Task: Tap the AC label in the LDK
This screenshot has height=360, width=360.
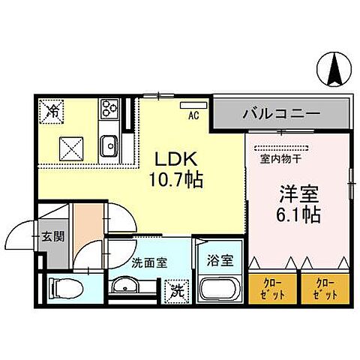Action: click(x=192, y=116)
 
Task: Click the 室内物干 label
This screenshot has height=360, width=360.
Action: click(x=281, y=159)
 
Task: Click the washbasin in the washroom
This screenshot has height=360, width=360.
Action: click(x=126, y=286)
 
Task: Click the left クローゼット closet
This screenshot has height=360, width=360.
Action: click(x=273, y=288)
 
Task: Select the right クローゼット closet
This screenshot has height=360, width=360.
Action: click(x=324, y=288)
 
